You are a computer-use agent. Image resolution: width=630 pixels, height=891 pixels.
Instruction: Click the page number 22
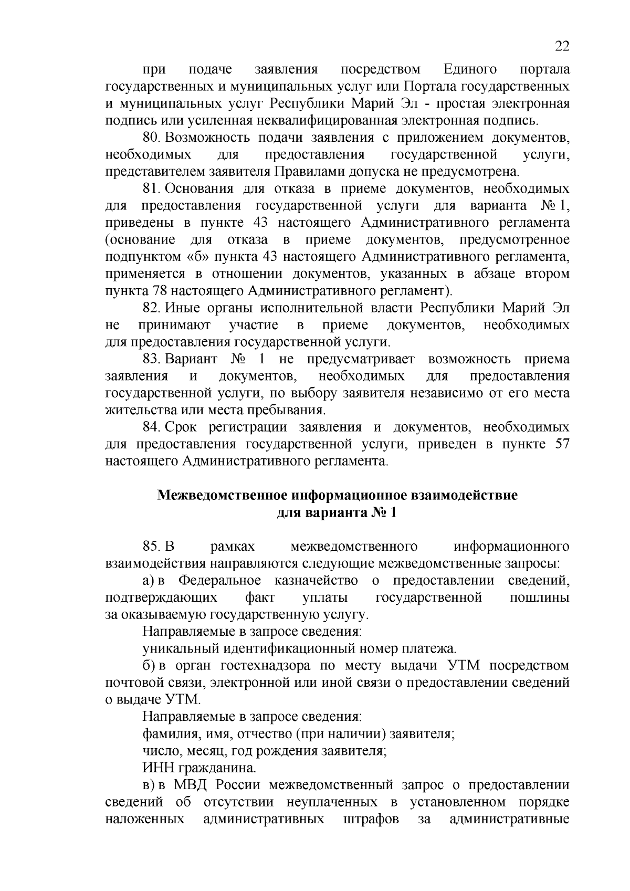(x=562, y=47)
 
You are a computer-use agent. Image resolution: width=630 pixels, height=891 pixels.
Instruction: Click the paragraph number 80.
(x=150, y=138)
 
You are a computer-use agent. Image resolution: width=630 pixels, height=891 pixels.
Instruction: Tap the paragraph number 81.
(x=150, y=188)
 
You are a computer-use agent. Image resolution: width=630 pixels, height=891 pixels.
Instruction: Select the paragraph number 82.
(x=151, y=308)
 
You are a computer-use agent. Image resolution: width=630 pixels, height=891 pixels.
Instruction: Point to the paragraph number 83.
(x=151, y=360)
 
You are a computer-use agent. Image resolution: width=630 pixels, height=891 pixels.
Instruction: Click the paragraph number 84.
(x=151, y=428)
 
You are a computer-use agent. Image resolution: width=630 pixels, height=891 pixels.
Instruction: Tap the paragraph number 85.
(x=151, y=547)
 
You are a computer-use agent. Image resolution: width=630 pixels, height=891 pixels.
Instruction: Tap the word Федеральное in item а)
(x=219, y=581)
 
